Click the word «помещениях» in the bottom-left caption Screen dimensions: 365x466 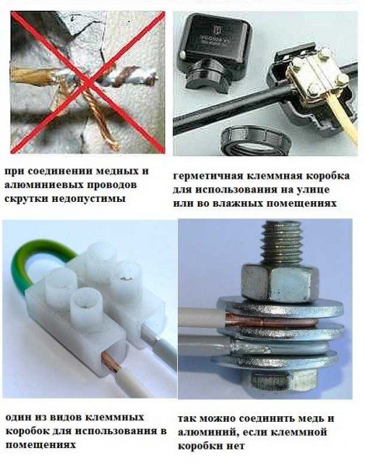(40, 445)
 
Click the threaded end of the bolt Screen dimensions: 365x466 (281, 242)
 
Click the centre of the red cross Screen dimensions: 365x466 (88, 82)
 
